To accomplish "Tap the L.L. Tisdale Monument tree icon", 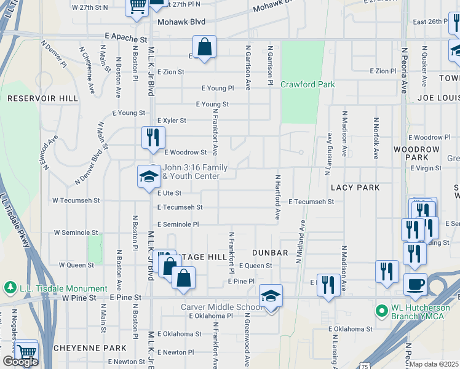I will [x=10, y=288].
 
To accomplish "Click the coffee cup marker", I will [x=415, y=285].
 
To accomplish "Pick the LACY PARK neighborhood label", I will [x=355, y=187].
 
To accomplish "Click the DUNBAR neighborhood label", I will [x=271, y=253].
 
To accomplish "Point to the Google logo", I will [x=20, y=362].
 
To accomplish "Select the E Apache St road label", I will [x=127, y=38].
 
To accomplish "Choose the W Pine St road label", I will [x=80, y=298].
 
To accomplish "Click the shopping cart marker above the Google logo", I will [x=26, y=351].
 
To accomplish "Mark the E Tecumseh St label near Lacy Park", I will [x=311, y=201].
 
